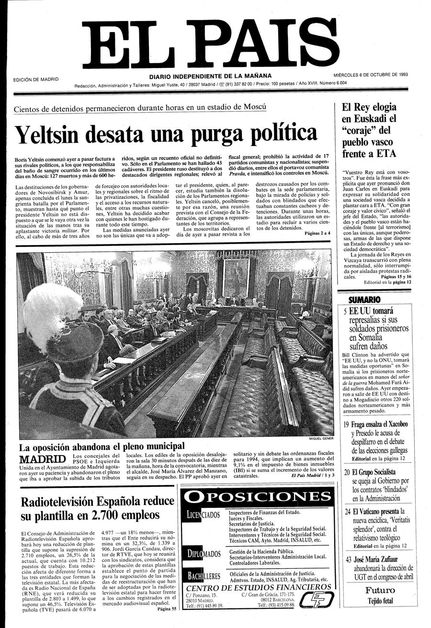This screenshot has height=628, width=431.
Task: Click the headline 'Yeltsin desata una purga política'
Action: (166, 135)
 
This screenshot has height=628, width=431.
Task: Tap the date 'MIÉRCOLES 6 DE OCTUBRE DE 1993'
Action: (371, 75)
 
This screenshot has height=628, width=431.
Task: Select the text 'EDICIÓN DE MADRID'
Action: (36, 79)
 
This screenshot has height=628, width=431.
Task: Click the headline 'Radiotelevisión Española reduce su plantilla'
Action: (97, 508)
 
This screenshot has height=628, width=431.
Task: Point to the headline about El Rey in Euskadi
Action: (369, 131)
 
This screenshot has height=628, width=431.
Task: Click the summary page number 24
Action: (348, 512)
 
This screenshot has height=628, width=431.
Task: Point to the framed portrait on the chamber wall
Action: (236, 278)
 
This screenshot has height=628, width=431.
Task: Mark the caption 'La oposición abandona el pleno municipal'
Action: (102, 447)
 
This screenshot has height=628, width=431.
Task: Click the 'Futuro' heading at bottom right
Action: (380, 590)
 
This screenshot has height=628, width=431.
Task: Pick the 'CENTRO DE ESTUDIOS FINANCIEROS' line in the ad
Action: (258, 587)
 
